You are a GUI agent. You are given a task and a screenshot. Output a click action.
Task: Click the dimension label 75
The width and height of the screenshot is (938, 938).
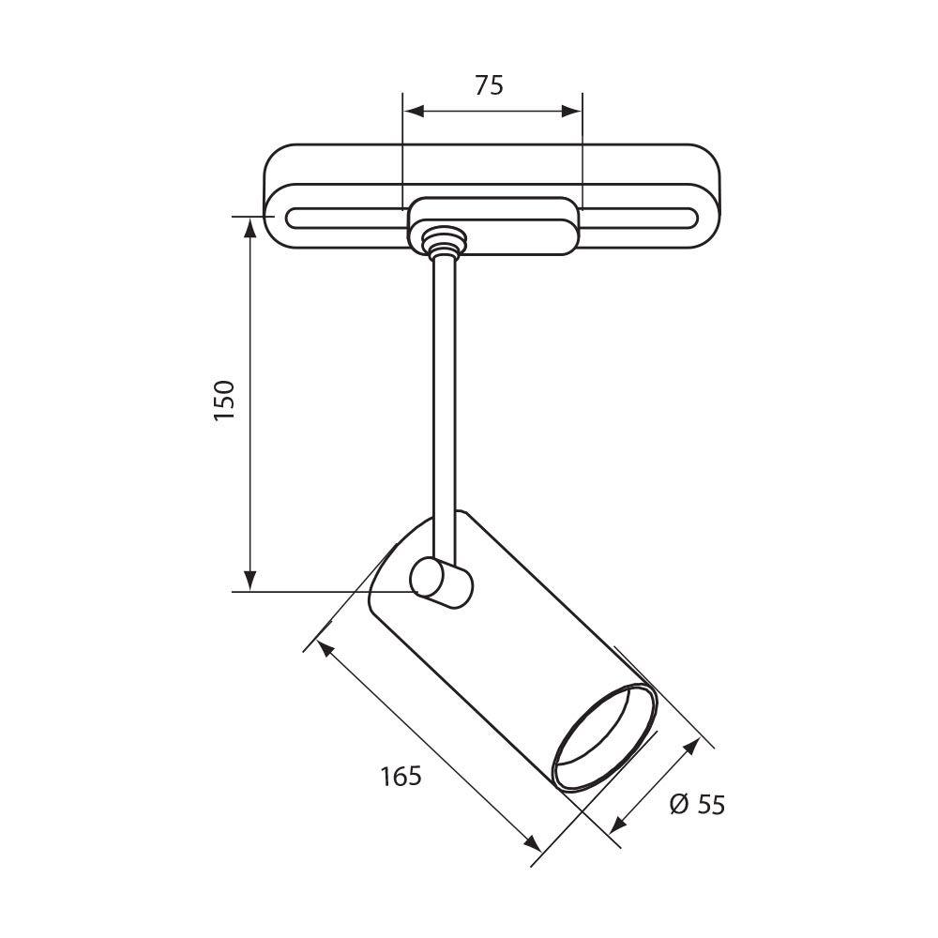tap(489, 85)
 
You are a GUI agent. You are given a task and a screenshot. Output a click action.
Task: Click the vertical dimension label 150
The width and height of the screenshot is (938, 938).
tap(225, 400)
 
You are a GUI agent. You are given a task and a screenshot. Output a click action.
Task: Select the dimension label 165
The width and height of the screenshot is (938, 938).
tap(401, 776)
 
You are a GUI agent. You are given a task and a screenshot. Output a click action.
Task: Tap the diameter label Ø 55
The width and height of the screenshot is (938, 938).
tap(698, 804)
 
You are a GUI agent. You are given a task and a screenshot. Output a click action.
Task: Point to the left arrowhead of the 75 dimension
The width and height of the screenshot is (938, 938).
tap(414, 111)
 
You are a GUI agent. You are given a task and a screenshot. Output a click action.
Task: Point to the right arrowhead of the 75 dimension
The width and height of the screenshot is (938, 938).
tap(571, 111)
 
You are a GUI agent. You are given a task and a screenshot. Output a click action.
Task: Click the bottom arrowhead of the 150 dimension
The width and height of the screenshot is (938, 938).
tap(250, 581)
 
